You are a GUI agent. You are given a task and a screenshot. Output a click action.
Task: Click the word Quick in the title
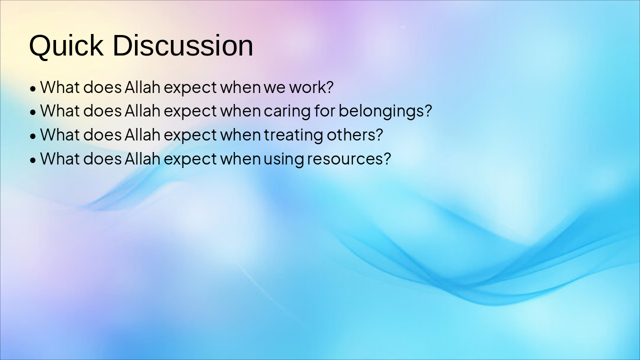[x=66, y=45]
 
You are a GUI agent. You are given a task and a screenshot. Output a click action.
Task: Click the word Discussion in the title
[x=183, y=45]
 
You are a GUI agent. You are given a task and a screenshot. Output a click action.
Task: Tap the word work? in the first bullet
[x=311, y=87]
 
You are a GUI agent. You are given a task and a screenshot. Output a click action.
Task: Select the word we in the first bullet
[x=274, y=88]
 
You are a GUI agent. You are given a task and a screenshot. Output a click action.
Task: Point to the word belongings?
[x=385, y=111]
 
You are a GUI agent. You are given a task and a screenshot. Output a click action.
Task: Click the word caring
[x=287, y=111]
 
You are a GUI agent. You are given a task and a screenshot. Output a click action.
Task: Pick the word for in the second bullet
[x=324, y=110]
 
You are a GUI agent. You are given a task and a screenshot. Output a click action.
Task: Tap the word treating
[x=293, y=135]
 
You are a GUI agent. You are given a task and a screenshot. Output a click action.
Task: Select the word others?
[x=355, y=134]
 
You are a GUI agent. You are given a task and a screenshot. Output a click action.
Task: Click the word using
[x=283, y=159]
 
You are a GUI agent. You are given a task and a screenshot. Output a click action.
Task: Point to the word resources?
[x=349, y=159]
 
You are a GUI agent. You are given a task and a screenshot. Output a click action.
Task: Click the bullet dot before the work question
[x=33, y=89]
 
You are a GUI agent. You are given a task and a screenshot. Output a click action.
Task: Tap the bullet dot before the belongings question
[x=33, y=112]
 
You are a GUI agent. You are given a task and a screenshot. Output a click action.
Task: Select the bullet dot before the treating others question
[x=33, y=136]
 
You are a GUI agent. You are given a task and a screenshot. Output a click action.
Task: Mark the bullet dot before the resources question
[x=33, y=160]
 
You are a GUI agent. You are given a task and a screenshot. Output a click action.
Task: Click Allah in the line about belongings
[x=142, y=111]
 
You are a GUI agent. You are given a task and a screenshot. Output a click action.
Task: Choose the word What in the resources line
[x=59, y=158]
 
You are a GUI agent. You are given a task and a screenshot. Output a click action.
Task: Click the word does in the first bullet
[x=102, y=87]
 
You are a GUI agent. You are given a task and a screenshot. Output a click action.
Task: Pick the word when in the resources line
[x=240, y=158]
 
